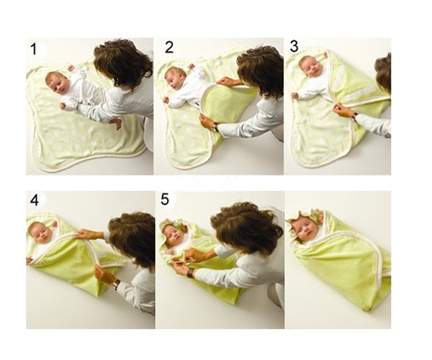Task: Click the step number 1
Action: coord(34,50)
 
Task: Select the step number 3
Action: coord(294,46)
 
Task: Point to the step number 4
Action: coord(35,200)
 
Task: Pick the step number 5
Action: coord(165,199)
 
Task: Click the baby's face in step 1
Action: coord(56,84)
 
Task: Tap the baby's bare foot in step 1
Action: coord(116,123)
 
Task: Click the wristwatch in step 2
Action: coord(215,127)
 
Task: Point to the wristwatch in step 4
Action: coord(117,284)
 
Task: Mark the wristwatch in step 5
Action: coord(190,273)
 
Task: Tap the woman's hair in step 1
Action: coord(123,63)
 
